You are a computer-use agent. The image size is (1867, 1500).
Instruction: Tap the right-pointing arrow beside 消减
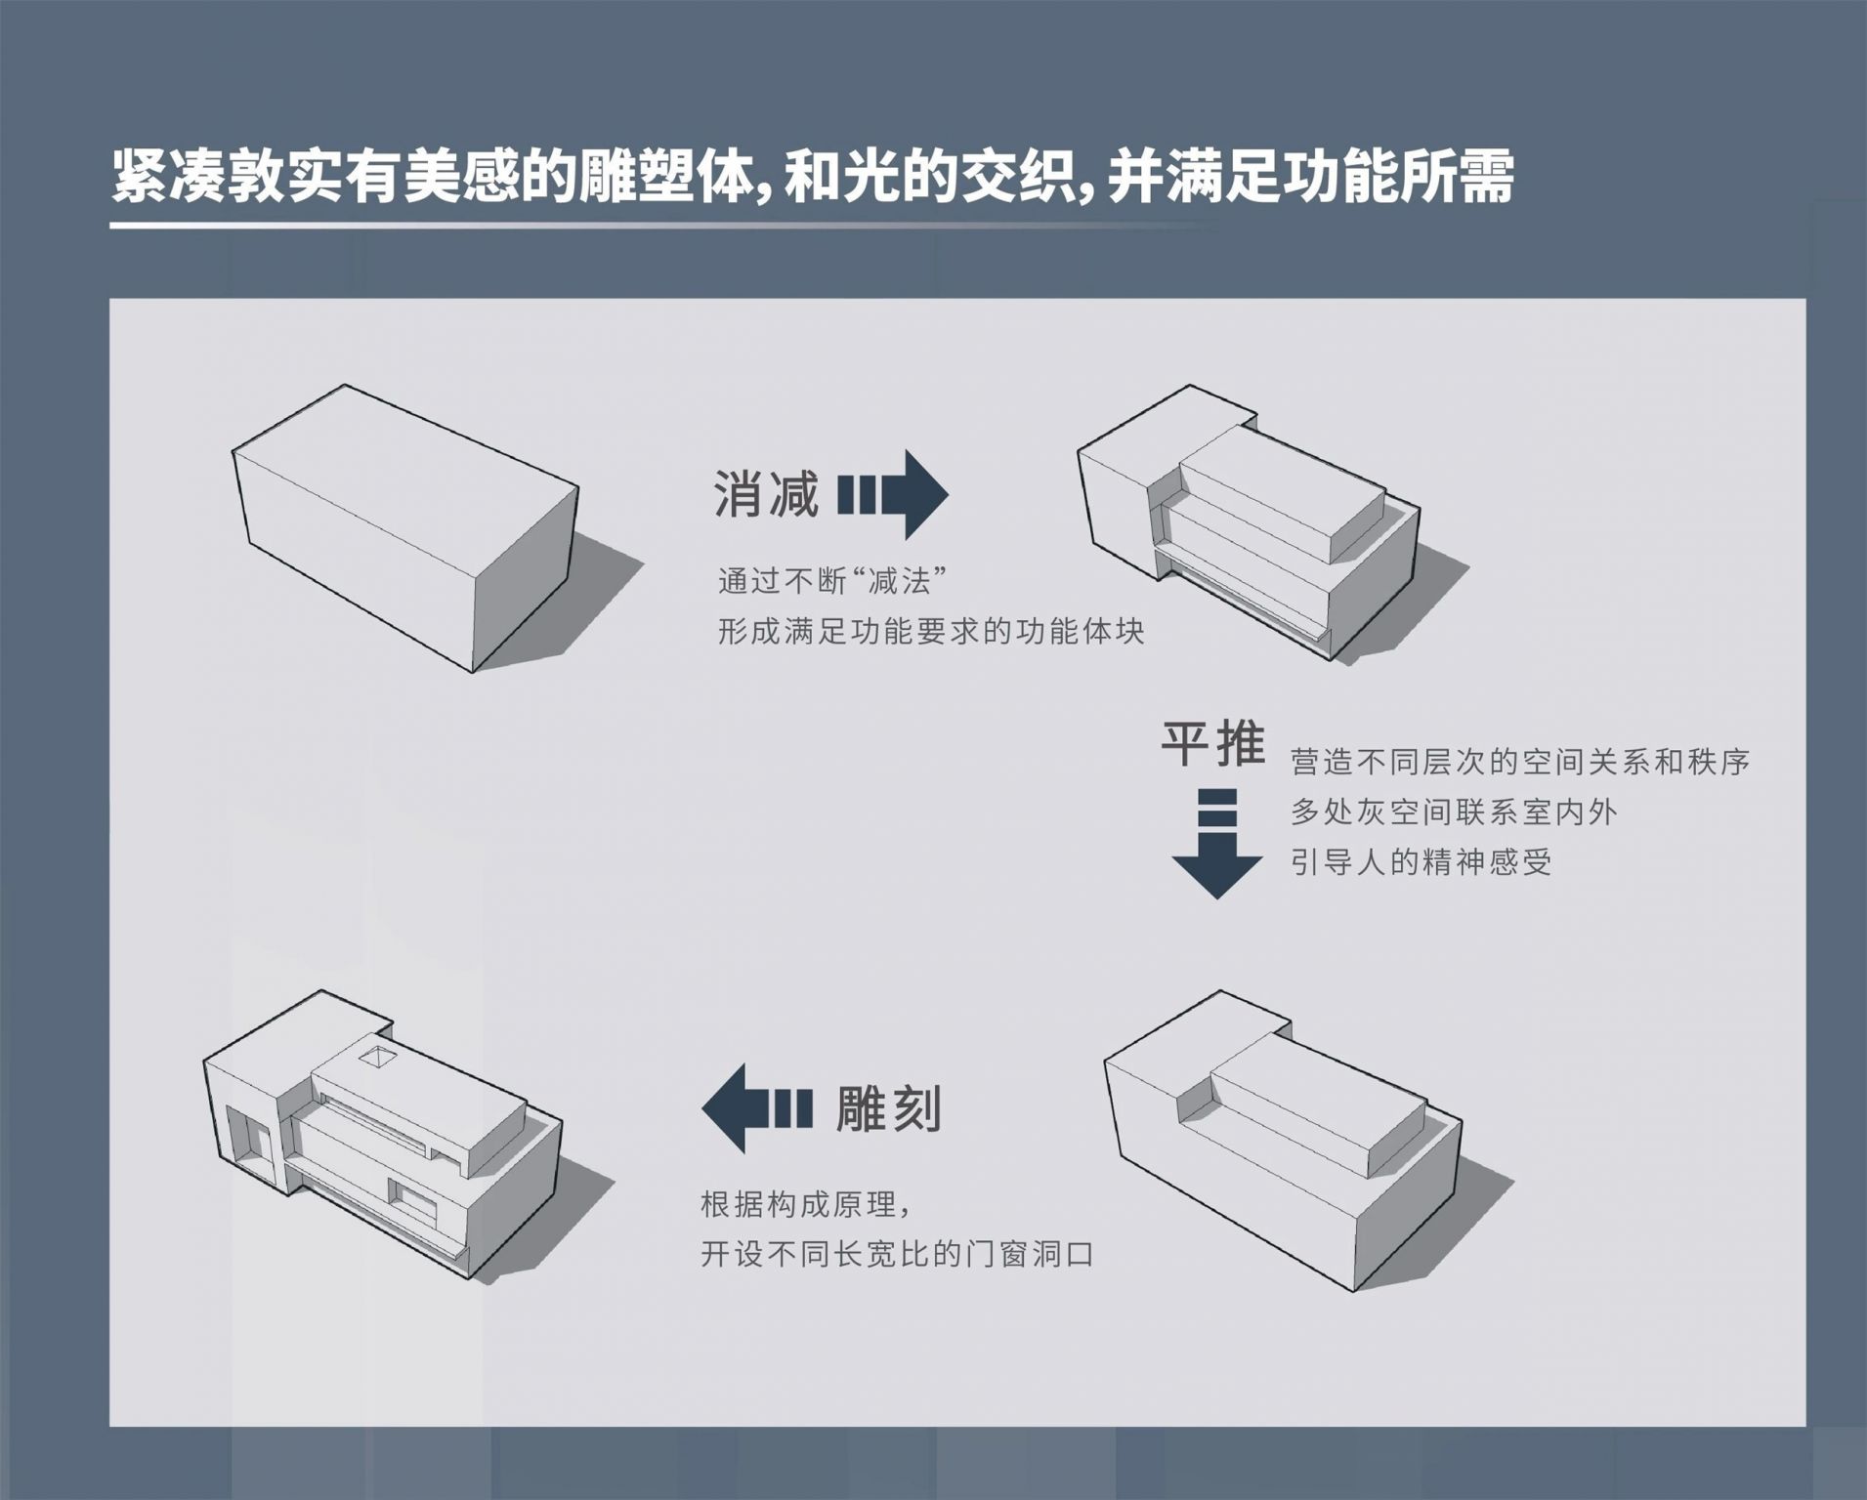(893, 494)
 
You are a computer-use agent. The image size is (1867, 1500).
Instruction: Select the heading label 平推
(1212, 744)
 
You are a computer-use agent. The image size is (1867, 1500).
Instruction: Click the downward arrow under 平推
(1216, 842)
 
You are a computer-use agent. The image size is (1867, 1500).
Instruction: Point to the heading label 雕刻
(888, 1108)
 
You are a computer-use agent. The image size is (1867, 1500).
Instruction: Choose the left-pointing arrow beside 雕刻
(757, 1108)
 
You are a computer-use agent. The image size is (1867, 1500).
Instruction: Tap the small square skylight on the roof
(377, 1058)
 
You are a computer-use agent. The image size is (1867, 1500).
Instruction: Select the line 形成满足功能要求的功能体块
(931, 632)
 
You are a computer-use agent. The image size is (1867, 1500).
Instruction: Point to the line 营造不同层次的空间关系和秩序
(1520, 762)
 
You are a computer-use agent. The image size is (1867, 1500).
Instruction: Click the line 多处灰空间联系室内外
(1454, 812)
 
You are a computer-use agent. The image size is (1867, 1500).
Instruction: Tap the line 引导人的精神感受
(1421, 862)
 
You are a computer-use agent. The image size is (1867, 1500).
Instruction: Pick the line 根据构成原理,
(806, 1205)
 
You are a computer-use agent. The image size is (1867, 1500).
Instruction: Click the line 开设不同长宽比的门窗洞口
(897, 1254)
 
